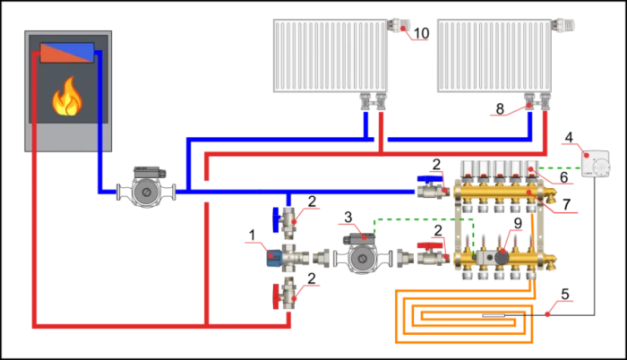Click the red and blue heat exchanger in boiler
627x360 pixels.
tap(67, 51)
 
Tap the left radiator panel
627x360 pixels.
tap(330, 56)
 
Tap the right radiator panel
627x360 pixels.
tap(494, 56)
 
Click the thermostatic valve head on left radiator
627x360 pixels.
tap(401, 25)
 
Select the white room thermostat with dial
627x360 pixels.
tap(596, 164)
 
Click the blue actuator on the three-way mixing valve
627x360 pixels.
tap(274, 260)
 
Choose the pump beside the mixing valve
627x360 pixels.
tap(362, 253)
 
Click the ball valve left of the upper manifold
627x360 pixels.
tap(432, 189)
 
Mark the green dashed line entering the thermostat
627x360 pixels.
tap(560, 167)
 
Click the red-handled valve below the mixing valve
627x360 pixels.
tap(288, 291)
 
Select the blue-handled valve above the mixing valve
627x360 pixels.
tap(288, 217)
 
